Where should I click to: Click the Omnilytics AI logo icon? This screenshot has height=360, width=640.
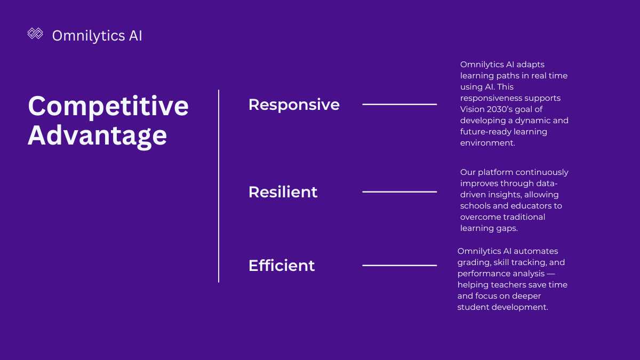pos(35,34)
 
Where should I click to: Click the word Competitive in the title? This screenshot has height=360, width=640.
pos(108,106)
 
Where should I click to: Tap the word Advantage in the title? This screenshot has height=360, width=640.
pos(98,136)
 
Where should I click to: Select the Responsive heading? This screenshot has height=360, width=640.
pos(294,105)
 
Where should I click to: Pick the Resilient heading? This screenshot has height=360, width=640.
pos(283,192)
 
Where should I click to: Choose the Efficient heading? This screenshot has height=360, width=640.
pos(282,266)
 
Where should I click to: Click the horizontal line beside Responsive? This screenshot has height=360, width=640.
pos(399,105)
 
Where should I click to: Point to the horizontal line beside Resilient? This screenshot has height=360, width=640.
pos(399,192)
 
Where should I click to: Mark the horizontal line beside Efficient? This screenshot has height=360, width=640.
pos(399,266)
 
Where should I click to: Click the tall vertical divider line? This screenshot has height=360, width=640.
pos(219,186)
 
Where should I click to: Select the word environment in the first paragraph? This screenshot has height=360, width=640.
pos(487,143)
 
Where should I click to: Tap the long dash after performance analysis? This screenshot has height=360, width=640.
pos(551,274)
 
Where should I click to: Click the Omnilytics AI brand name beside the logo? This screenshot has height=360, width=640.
pos(97,36)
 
